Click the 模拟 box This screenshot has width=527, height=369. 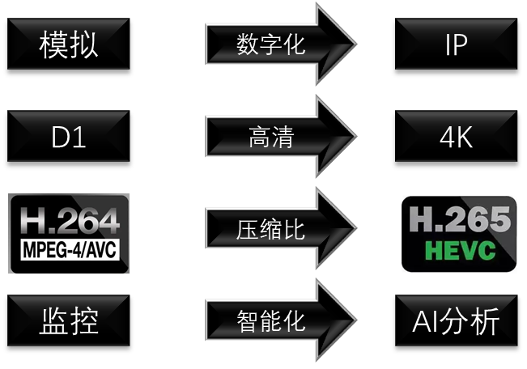(x=69, y=45)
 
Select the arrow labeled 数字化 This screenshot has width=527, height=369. (x=271, y=45)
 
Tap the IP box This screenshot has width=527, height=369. (x=456, y=45)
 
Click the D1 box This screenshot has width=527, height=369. (x=69, y=137)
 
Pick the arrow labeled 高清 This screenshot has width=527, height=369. (x=271, y=137)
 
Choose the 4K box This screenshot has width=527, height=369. (x=456, y=137)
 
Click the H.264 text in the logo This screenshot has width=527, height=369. (x=69, y=220)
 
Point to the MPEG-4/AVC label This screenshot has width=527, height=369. (x=69, y=248)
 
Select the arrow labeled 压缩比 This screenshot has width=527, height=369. (x=271, y=229)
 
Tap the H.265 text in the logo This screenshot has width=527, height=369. (x=460, y=219)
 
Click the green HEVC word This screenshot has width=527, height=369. (x=460, y=251)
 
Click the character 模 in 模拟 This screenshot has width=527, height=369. (x=54, y=45)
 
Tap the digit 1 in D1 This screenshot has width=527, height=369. (x=80, y=137)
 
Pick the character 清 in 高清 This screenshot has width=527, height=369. (x=282, y=137)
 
